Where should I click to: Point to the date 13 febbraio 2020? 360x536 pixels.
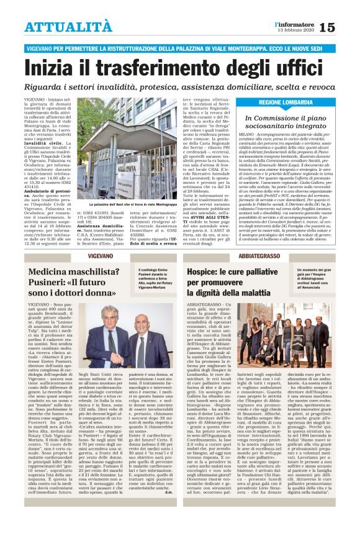(297, 31)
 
